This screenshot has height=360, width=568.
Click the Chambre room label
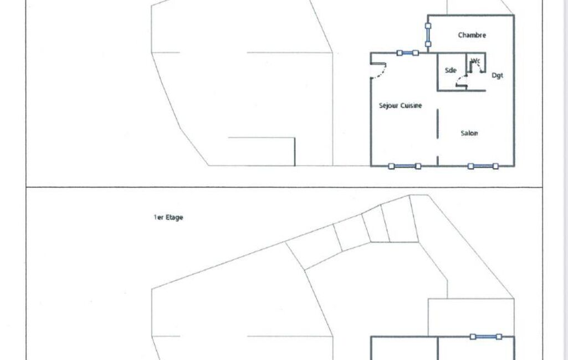pos(472,35)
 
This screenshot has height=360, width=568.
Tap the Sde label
pos(451,70)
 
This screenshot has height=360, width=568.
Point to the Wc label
pos(475,61)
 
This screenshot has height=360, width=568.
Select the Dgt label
pos(498,75)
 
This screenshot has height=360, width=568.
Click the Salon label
pos(469,133)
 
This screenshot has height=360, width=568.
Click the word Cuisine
pos(411,105)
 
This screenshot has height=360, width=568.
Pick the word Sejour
pos(388,105)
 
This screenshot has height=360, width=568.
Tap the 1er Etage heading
pos(168,217)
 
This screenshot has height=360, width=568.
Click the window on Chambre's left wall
pos(428,35)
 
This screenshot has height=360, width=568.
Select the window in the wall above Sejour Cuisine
pos(407,53)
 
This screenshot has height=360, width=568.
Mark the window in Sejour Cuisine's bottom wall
pos(405,166)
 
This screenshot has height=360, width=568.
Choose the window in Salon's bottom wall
pos(483,166)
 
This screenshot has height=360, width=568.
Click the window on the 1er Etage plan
pos(486,337)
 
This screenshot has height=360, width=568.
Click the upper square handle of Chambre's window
pos(428,26)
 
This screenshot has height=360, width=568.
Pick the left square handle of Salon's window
pos(470,166)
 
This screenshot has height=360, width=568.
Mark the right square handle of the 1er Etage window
pos(499,337)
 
